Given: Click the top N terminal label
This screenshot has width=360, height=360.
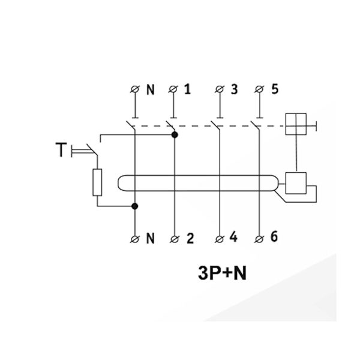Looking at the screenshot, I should pyautogui.click(x=151, y=89).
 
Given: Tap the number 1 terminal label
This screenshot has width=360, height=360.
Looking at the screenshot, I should pyautogui.click(x=188, y=89).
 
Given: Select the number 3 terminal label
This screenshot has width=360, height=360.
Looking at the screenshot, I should pyautogui.click(x=234, y=89).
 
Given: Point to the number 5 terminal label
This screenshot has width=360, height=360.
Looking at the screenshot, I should pyautogui.click(x=275, y=89).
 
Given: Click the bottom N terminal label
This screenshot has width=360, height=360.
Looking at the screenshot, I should pyautogui.click(x=151, y=238).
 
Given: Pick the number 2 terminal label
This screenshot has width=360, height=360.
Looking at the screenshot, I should pyautogui.click(x=190, y=238).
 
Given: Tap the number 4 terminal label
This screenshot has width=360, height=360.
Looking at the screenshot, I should pyautogui.click(x=234, y=238).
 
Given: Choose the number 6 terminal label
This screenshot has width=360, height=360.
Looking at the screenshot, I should pyautogui.click(x=274, y=238).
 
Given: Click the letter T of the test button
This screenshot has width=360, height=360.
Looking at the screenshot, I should pyautogui.click(x=61, y=149).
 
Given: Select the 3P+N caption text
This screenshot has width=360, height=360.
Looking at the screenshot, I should pyautogui.click(x=222, y=273).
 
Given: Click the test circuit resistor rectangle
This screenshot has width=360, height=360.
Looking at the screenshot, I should pyautogui.click(x=97, y=182).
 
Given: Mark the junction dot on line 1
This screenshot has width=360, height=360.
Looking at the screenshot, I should pyautogui.click(x=175, y=135).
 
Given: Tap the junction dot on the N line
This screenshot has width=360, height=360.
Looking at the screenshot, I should pyautogui.click(x=134, y=206).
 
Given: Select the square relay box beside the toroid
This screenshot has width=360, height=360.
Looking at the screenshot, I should pyautogui.click(x=296, y=182).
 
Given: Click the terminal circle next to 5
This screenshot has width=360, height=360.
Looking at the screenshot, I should pyautogui.click(x=259, y=90).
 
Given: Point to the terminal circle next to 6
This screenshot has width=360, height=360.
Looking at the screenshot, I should pyautogui.click(x=259, y=239).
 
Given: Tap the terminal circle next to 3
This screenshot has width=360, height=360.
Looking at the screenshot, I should pyautogui.click(x=219, y=90).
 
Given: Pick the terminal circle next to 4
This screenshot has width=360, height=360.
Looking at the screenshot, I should pyautogui.click(x=219, y=239).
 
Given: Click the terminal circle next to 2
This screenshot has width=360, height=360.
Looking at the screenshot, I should pyautogui.click(x=175, y=239).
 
